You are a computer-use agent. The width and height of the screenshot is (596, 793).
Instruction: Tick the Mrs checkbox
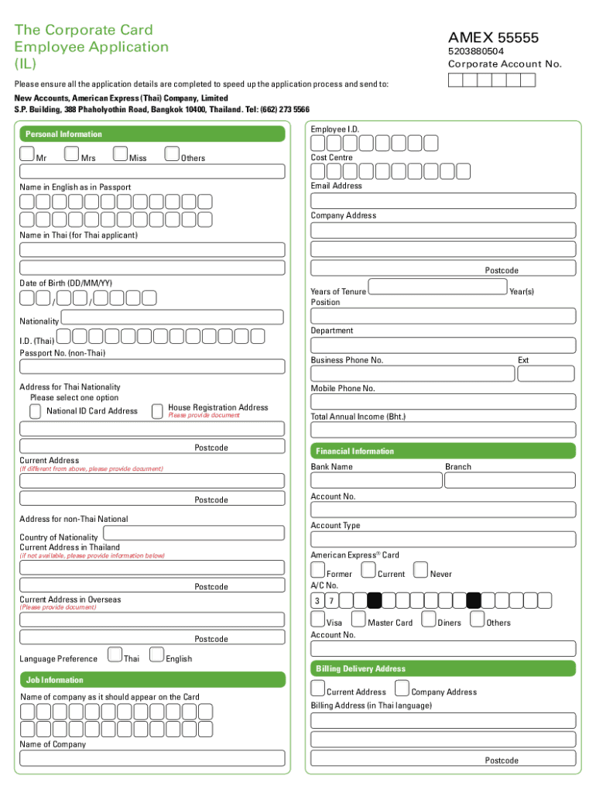point(72,154)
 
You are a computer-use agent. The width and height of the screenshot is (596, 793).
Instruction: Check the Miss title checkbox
point(121,154)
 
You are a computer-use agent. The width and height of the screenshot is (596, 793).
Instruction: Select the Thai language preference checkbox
point(115,655)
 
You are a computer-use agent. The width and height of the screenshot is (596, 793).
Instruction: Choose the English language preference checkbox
point(156,655)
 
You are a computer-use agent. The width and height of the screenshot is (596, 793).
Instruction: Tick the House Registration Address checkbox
point(158,410)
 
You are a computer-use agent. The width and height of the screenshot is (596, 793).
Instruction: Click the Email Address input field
point(444,201)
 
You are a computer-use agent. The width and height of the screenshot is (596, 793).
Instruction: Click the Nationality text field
point(173,318)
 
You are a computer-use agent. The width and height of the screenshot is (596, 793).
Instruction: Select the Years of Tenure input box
point(438,288)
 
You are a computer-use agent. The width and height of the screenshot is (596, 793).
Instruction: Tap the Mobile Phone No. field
point(444,402)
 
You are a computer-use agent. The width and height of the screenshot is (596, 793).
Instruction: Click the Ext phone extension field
point(546,373)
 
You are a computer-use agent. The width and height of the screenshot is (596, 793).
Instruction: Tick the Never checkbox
point(421,571)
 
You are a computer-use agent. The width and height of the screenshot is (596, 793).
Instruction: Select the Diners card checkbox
point(429,619)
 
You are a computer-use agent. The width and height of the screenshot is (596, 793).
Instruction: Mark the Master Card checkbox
point(358,619)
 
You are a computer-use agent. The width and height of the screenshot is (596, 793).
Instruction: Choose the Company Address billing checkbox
point(402,688)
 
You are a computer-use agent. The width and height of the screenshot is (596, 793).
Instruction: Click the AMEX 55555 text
point(493,38)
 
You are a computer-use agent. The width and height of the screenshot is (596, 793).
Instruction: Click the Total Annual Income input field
point(444,430)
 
